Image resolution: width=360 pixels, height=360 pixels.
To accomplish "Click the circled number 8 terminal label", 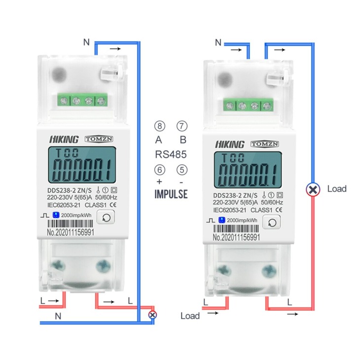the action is (x=160, y=126).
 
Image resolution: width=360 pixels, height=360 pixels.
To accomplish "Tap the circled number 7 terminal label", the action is (x=182, y=126).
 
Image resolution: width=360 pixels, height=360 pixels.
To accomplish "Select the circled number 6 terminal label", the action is (x=160, y=170).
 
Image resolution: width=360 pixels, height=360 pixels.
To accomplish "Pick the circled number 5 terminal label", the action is (x=182, y=170).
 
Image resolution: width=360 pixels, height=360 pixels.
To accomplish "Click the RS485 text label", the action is (x=171, y=154).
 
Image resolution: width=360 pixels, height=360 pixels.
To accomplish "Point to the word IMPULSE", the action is (x=171, y=194).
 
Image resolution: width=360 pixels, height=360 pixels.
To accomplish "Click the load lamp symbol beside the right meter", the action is (x=313, y=190).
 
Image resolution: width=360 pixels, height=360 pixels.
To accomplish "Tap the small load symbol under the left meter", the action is (x=152, y=315).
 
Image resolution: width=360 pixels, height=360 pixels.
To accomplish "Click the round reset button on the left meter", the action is (x=106, y=217).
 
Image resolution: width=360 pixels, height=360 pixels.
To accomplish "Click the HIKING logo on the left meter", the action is (x=64, y=139).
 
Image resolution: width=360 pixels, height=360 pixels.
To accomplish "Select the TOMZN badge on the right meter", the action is (x=265, y=144).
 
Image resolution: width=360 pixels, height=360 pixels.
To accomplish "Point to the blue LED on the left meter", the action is (x=56, y=215).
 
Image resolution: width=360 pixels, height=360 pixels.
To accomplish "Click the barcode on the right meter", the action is (x=236, y=228).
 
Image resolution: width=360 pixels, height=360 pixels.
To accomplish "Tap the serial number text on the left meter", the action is (x=71, y=232).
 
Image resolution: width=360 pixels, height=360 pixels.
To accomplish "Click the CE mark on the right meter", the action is (x=279, y=210).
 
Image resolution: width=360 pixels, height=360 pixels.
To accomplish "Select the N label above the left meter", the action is (x=86, y=42).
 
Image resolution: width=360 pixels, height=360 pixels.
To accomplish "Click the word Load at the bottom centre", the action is (x=190, y=316).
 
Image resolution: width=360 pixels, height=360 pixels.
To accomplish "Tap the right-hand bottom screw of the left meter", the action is (x=104, y=266).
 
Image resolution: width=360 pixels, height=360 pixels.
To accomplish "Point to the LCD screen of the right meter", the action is (x=248, y=170).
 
